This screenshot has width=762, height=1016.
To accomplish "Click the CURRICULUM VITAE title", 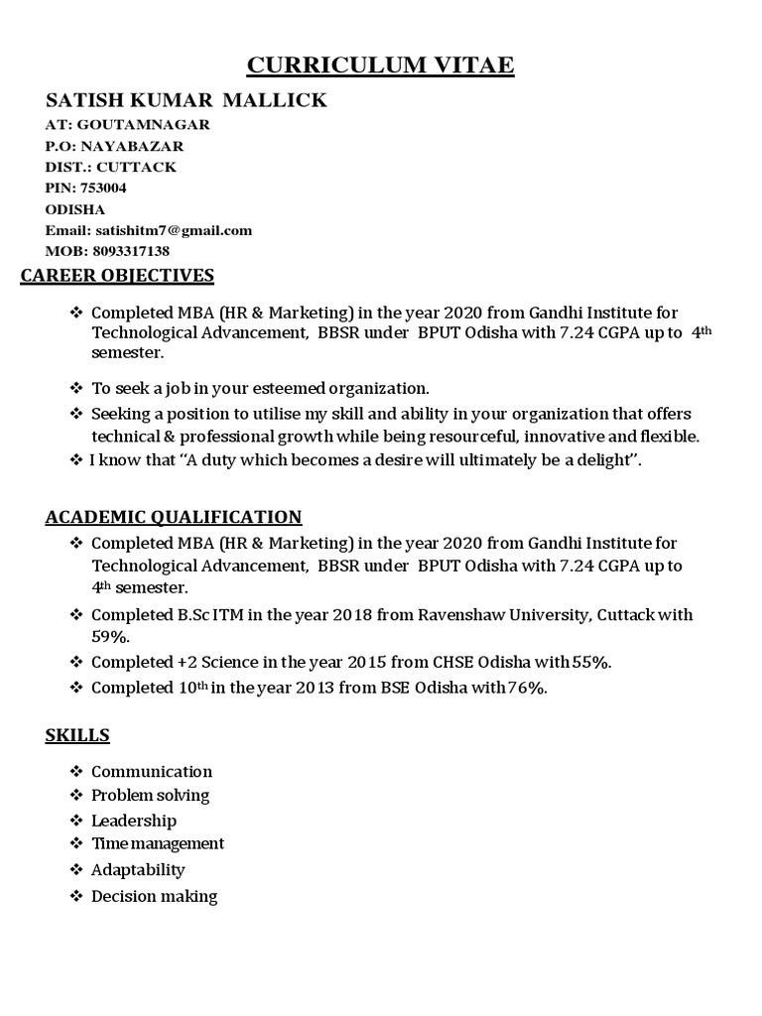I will point(380,65).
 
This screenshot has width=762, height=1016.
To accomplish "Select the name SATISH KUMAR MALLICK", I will point(187,101).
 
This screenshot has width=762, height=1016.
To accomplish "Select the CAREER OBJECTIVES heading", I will point(117,275).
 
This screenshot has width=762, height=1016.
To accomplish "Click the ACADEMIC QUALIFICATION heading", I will point(174,517).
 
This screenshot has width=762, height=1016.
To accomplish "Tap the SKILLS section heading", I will point(77,735).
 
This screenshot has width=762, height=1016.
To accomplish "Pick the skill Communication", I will point(152,771).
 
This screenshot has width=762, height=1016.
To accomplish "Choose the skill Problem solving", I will point(151,795).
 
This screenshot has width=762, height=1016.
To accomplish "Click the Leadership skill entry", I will point(134,821).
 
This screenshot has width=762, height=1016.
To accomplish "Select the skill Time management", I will point(158,843).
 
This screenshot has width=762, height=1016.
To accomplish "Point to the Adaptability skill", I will point(138,869).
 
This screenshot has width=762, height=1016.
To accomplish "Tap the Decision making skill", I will point(154,896).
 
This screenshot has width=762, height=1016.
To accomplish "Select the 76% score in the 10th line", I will point(527,688).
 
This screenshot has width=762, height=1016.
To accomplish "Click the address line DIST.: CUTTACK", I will point(111,167).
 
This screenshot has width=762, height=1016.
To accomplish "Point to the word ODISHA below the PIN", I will point(75,209).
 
